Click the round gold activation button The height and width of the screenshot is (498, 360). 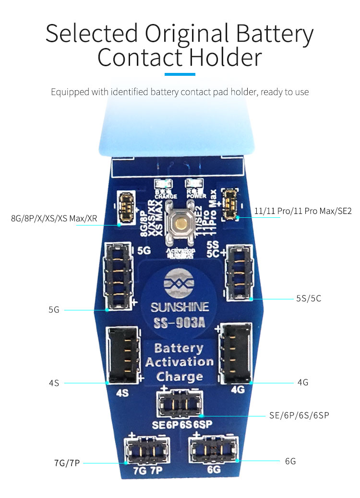point(180,223)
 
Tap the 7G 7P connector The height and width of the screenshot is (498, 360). point(143,450)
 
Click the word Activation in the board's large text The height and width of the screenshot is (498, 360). point(179,362)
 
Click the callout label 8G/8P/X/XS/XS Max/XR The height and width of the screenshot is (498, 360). point(54,219)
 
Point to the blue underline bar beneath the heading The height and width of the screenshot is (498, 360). point(180,74)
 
